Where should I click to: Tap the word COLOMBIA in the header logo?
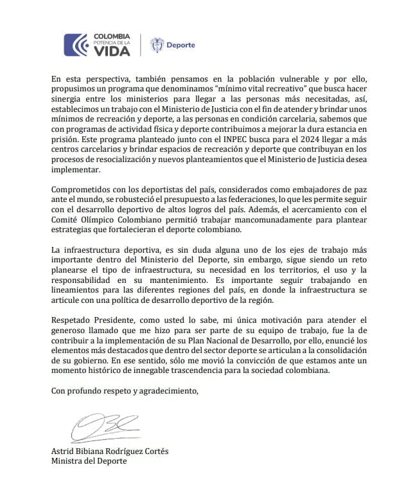tap(112, 36)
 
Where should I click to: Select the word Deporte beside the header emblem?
tap(181, 46)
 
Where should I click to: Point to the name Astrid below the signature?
tap(62, 451)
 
